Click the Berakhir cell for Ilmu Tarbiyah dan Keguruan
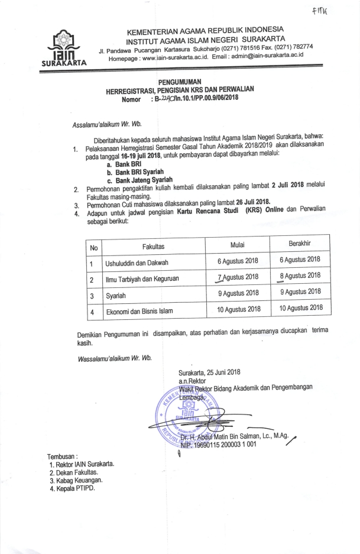tap(300, 276)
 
